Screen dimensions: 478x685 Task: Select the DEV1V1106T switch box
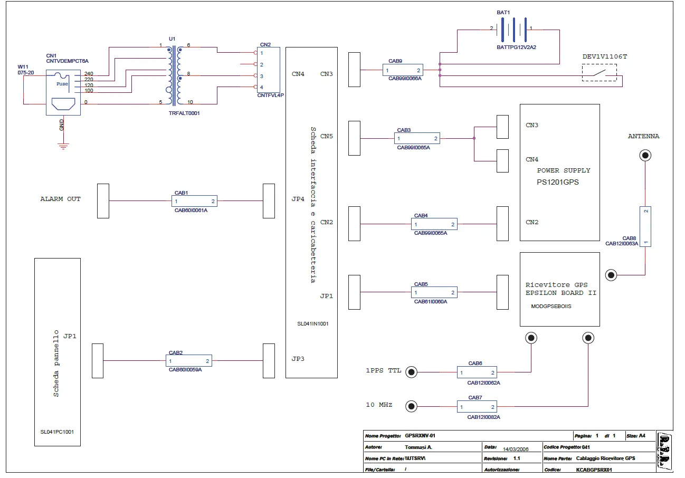click(x=599, y=72)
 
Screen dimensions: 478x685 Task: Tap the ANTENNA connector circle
click(x=644, y=155)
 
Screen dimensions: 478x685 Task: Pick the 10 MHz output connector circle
click(x=411, y=406)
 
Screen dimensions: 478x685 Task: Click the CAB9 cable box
click(x=403, y=70)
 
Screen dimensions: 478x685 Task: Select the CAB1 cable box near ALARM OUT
click(x=194, y=201)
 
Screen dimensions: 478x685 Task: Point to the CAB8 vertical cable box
click(x=645, y=226)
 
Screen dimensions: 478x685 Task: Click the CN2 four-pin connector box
click(x=268, y=70)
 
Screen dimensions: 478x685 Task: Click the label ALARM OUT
click(x=61, y=199)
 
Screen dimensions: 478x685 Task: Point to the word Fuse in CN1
click(x=62, y=83)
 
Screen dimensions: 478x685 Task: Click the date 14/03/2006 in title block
click(x=516, y=448)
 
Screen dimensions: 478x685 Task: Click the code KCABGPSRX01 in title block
click(x=593, y=469)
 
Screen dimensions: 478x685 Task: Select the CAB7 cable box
click(x=477, y=407)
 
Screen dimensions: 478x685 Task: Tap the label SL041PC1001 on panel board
click(x=57, y=432)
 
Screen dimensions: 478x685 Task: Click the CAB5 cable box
click(x=434, y=292)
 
